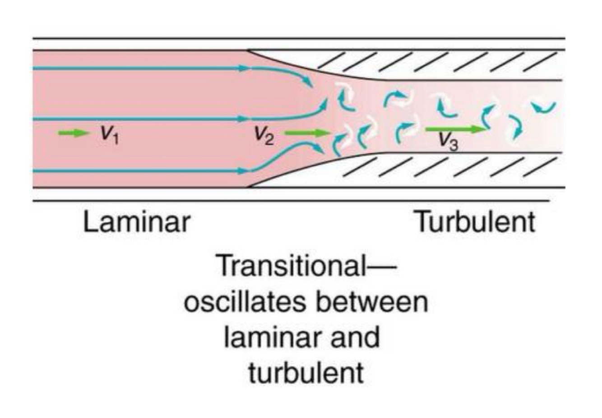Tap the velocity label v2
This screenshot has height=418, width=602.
264,134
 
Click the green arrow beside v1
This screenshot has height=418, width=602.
74,133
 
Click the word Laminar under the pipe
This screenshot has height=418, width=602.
137,222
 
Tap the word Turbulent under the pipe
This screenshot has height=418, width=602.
475,222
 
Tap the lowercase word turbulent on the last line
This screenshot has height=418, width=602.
306,372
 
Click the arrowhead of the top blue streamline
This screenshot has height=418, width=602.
310,83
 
